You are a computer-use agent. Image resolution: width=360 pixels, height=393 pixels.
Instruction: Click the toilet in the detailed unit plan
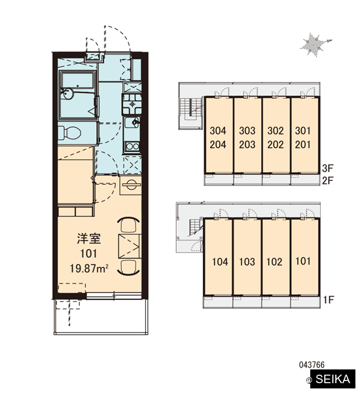pos(69,132)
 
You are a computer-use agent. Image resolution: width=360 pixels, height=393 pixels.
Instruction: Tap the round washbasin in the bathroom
pos(68,94)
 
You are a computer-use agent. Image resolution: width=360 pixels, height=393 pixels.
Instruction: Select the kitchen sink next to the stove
pos(132,122)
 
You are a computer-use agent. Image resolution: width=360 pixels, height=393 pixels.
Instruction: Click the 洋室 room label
pos(88,238)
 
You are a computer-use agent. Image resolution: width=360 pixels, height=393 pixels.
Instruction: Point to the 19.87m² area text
pos(89,269)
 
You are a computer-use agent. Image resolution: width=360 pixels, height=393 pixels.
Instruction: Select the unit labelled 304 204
pos(218,135)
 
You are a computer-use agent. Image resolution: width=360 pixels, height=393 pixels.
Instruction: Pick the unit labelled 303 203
pos(247,135)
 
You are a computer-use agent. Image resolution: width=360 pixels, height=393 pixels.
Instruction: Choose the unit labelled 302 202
pos(276,135)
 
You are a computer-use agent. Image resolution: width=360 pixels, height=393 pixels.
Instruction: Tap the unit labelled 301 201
pos(304,135)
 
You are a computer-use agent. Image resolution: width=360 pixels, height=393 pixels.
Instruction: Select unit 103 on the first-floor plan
pos(247,257)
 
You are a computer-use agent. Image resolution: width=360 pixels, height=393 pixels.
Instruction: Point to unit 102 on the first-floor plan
pos(276,257)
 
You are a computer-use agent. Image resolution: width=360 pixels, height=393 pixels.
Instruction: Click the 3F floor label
pos(328,168)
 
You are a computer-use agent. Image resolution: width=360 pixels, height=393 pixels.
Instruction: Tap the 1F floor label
pos(328,299)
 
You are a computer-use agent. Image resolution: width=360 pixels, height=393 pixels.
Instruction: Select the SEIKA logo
pos(333,379)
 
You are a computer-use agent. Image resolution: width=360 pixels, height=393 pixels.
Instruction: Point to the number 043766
pos(312,365)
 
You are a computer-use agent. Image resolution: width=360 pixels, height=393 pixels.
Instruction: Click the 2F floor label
pos(328,181)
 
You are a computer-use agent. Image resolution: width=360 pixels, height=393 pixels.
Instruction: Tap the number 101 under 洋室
pos(88,253)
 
